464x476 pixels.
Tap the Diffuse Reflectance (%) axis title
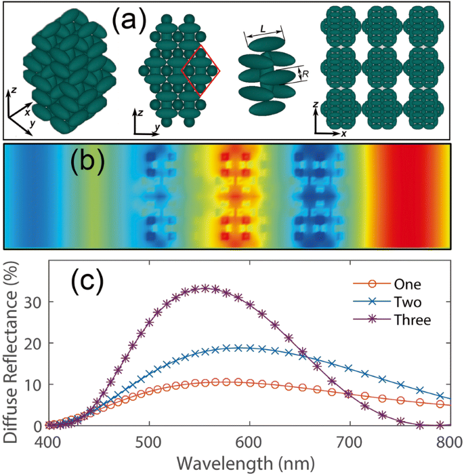12,344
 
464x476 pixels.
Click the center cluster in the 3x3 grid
383,71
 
